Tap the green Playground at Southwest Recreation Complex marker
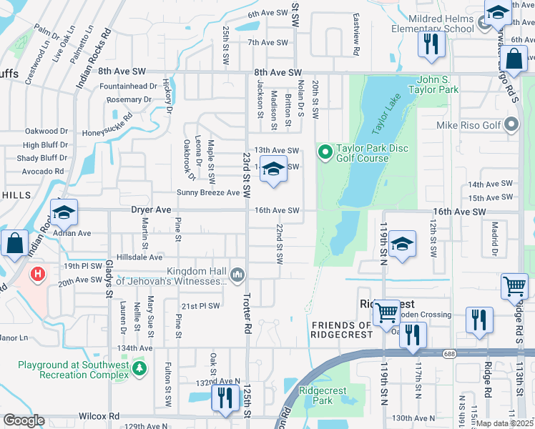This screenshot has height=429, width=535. click(x=141, y=368)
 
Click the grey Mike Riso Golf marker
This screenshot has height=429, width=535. click(x=511, y=126)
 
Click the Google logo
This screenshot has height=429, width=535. click(x=24, y=420)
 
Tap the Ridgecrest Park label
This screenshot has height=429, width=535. click(x=323, y=395)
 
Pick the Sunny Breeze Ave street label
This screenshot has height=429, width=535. click(x=208, y=192)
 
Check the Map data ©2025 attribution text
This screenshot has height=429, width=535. click(x=505, y=423)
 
